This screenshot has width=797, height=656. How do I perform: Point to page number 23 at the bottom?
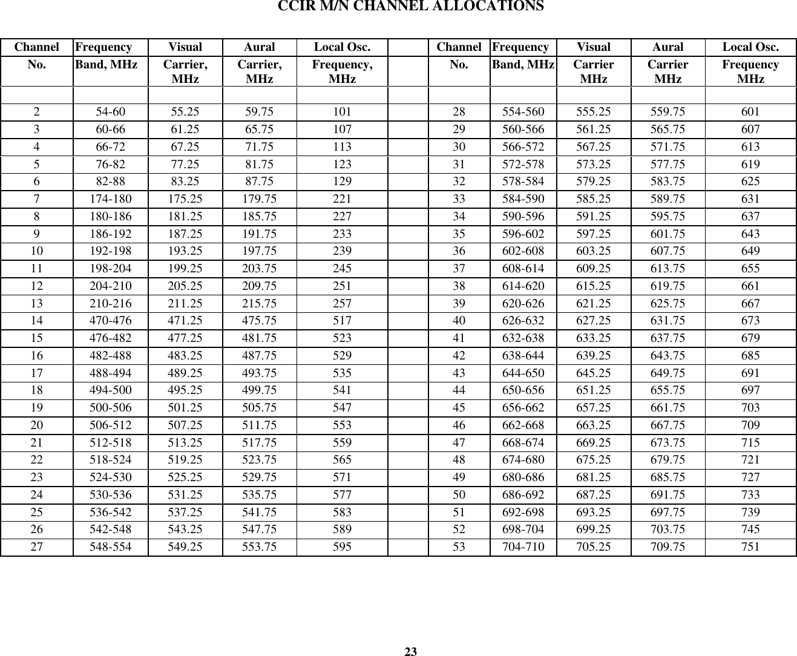click(x=411, y=652)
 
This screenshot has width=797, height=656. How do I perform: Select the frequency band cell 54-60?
click(x=111, y=112)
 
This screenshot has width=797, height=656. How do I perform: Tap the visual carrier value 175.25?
click(x=185, y=199)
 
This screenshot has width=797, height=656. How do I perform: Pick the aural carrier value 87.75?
click(x=259, y=182)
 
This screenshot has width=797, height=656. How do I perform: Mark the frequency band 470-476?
click(x=111, y=321)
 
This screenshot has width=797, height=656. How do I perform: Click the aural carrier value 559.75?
click(x=668, y=112)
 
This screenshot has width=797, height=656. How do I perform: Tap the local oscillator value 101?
click(x=343, y=112)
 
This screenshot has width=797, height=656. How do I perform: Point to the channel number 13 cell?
click(x=38, y=304)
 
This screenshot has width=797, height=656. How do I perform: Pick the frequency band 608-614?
click(x=523, y=269)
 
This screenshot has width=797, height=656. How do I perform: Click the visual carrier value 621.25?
click(x=594, y=304)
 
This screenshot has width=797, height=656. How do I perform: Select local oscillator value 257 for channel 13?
click(x=343, y=304)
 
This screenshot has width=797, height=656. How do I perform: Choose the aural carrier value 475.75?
click(x=259, y=321)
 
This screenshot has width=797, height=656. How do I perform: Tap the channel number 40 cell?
click(x=459, y=321)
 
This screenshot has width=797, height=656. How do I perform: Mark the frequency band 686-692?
click(x=523, y=495)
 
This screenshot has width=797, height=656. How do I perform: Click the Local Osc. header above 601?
click(x=750, y=47)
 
